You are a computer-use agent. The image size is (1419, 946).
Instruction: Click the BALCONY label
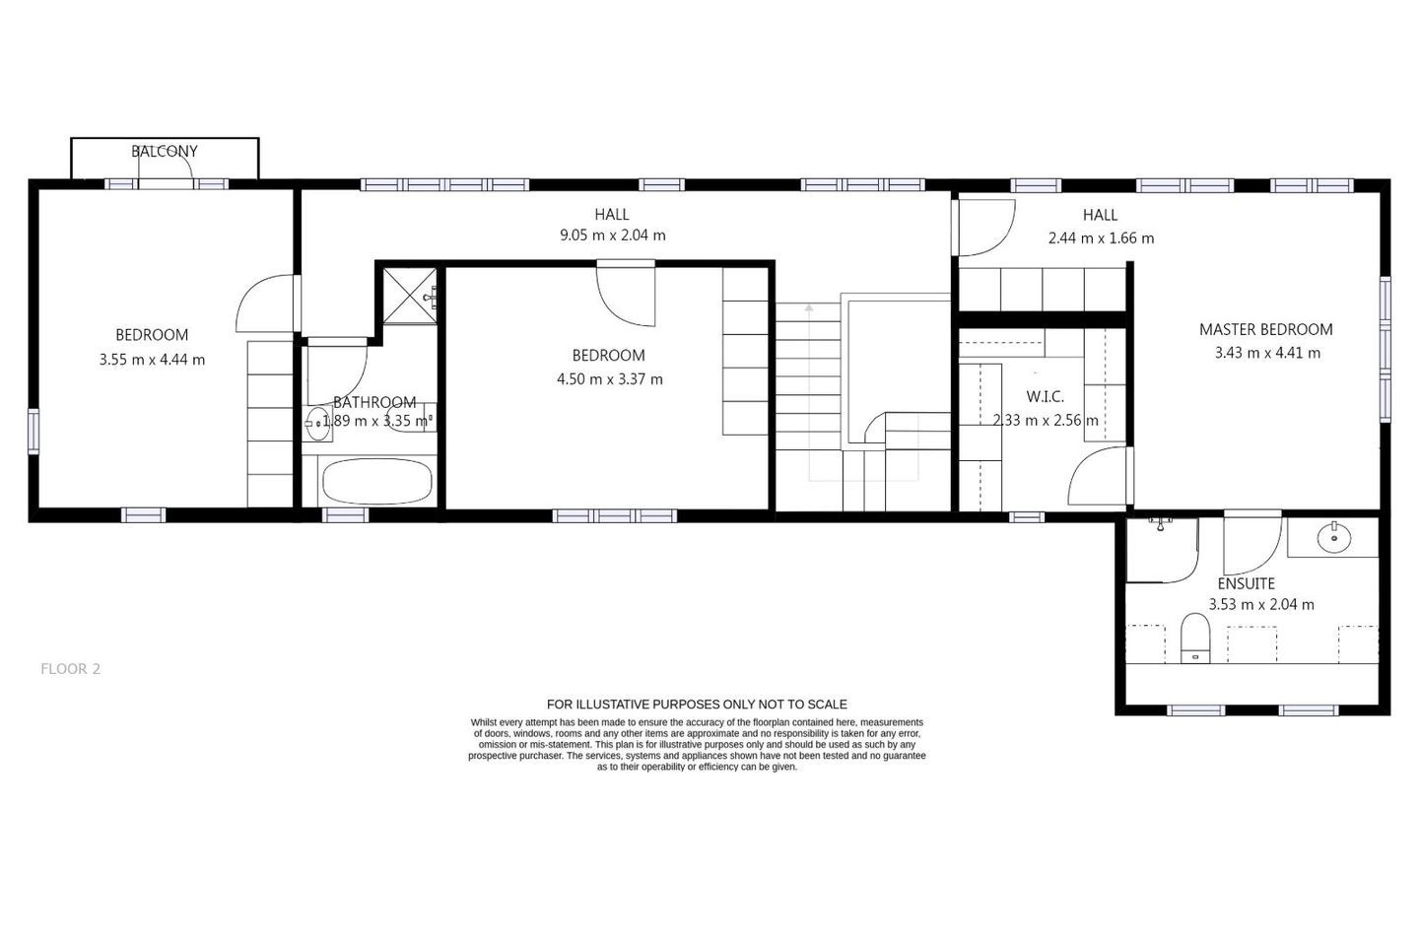click(164, 152)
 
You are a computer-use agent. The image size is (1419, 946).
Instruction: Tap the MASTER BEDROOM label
click(1265, 329)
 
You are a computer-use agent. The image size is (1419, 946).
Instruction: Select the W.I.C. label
click(1045, 397)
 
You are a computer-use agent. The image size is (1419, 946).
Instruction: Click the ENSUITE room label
click(1246, 583)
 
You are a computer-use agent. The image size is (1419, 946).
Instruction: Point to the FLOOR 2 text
click(70, 669)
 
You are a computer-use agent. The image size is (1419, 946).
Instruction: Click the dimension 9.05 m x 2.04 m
click(612, 236)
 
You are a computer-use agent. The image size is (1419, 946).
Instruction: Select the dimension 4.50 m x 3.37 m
click(609, 379)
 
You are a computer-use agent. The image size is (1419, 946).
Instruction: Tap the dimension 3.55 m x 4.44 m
click(152, 360)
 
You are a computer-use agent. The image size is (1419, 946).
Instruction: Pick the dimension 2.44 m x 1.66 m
click(1101, 238)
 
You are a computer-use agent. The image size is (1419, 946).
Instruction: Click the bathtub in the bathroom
click(376, 481)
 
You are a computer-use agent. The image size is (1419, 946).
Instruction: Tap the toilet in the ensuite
click(1195, 639)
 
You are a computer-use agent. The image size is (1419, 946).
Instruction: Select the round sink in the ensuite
click(1334, 538)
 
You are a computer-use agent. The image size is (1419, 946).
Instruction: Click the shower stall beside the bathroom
click(411, 297)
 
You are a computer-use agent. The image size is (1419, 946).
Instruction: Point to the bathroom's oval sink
click(317, 424)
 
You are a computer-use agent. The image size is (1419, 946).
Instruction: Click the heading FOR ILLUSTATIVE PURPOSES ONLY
click(697, 704)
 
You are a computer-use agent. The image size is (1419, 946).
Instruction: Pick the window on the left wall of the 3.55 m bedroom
click(34, 431)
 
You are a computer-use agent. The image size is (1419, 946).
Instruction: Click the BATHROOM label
click(374, 402)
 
